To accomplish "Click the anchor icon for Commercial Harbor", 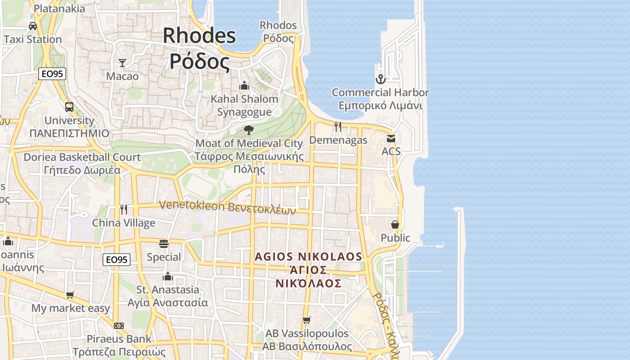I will click(x=381, y=80).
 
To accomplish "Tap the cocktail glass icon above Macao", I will click(x=122, y=63).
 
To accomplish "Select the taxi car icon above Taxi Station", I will click(x=33, y=26).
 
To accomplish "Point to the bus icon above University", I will click(x=69, y=107).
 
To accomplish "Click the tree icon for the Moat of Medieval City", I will click(x=248, y=130).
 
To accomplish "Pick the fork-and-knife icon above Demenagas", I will click(x=338, y=127).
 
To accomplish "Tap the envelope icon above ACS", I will click(x=391, y=139).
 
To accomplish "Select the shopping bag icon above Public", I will click(x=395, y=225).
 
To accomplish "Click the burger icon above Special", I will click(x=164, y=244).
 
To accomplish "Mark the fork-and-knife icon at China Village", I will click(x=124, y=209).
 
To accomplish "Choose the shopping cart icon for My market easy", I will click(x=70, y=295).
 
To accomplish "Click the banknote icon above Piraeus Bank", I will click(x=119, y=325).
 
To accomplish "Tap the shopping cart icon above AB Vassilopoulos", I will click(x=307, y=320).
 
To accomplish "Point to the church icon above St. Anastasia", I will click(x=168, y=276).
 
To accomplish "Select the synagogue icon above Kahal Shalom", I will click(x=244, y=85).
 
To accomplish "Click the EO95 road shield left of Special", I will click(x=117, y=260).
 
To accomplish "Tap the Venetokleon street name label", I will click(x=227, y=207).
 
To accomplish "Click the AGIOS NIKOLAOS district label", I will click(x=308, y=257).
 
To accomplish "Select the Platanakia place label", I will click(x=59, y=9).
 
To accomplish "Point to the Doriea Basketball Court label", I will click(x=82, y=157).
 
